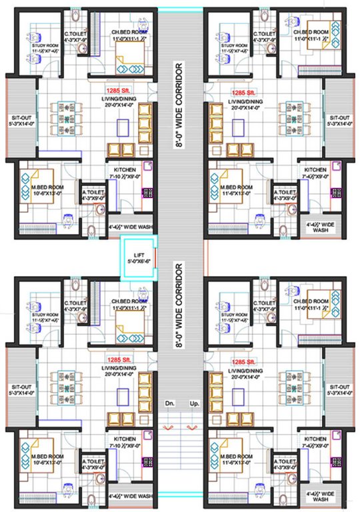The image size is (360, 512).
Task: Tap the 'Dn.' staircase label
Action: point(169,405)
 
